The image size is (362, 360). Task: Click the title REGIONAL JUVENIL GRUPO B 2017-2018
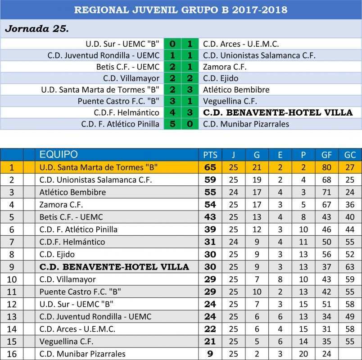(x=181, y=9)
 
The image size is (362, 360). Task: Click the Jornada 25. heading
(x=36, y=29)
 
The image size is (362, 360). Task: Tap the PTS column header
(x=210, y=155)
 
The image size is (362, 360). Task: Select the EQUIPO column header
(x=59, y=155)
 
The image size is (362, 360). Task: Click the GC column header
(x=350, y=155)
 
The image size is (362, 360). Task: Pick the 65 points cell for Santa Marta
(x=210, y=167)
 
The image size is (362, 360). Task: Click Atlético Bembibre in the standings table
(x=72, y=192)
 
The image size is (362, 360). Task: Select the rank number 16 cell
(x=12, y=354)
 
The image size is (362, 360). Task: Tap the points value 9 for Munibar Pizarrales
(x=210, y=354)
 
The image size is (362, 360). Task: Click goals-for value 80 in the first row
(x=326, y=167)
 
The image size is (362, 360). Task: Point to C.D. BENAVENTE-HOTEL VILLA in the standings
(x=114, y=267)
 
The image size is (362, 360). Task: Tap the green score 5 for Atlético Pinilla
(x=172, y=124)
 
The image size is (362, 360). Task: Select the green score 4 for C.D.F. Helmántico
(x=172, y=112)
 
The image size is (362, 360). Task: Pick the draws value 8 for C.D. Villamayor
(x=280, y=279)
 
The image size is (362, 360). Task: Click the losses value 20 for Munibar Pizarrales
(x=303, y=354)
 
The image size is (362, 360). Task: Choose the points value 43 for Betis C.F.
(x=210, y=217)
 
